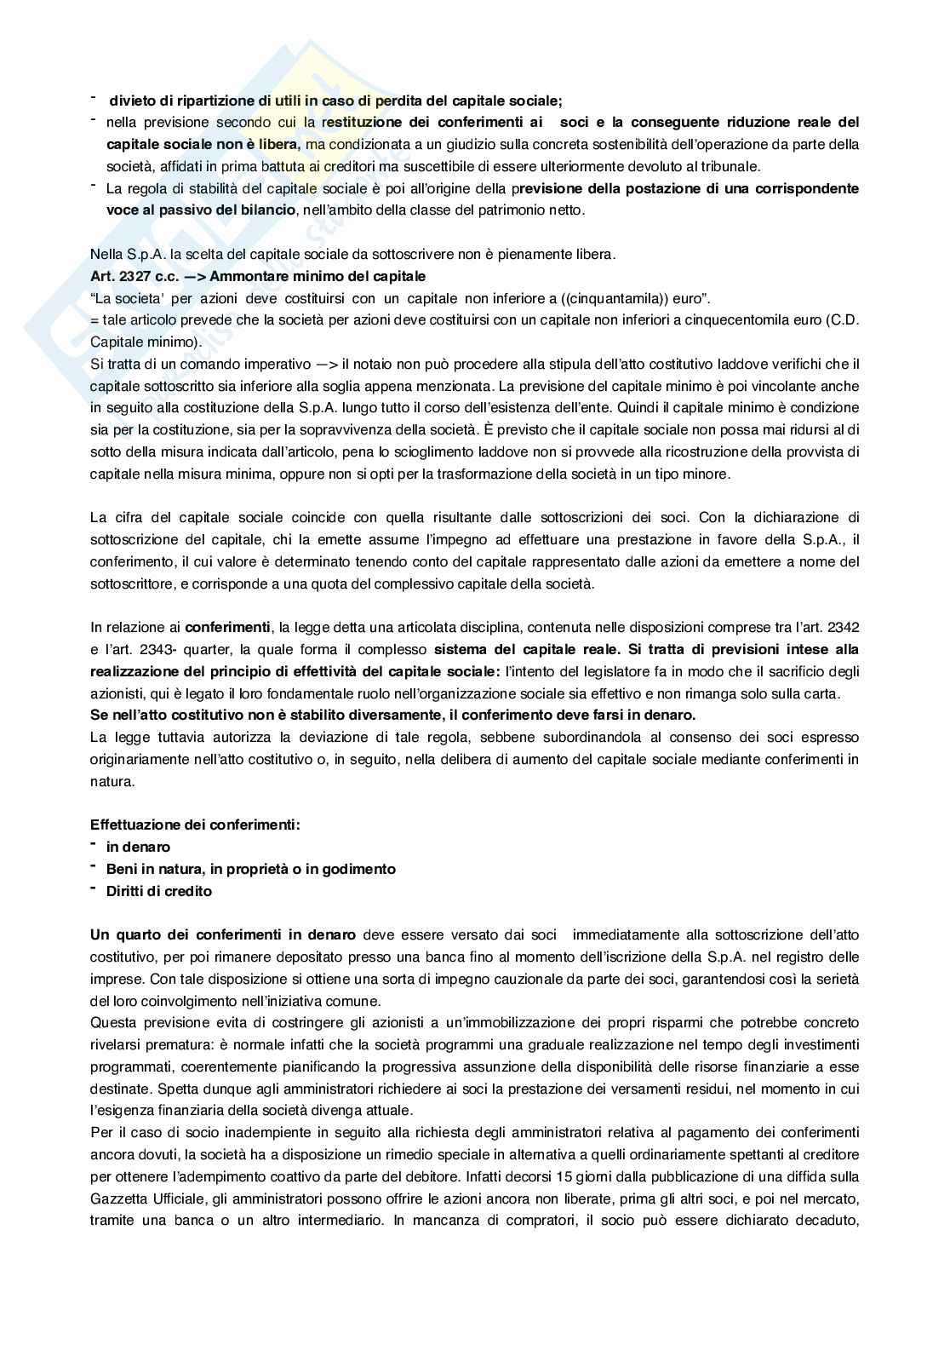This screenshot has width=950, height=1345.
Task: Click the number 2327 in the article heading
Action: point(129,277)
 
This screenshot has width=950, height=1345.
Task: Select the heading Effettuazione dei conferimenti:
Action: point(195,825)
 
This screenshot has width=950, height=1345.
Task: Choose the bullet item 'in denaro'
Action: point(138,847)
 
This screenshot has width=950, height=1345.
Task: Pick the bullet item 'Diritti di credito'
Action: point(159,891)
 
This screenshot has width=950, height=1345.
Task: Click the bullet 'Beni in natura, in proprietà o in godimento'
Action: point(250,869)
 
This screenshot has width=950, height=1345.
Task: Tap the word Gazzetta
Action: point(117,1198)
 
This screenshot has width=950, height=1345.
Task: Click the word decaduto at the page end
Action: point(824,1221)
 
